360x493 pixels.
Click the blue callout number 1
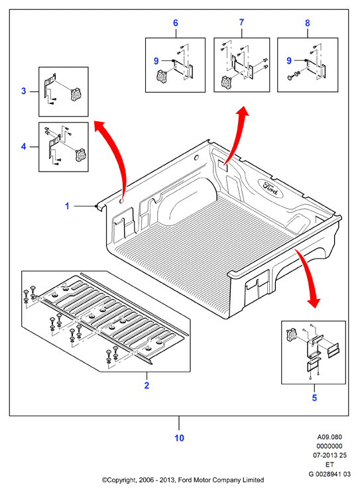[x=67, y=206]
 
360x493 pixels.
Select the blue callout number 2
[x=147, y=386]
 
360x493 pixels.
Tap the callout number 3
[x=24, y=91]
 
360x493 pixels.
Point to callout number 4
[x=24, y=146]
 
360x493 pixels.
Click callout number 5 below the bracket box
[x=314, y=398]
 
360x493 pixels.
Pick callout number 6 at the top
[x=176, y=23]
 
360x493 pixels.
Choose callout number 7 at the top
[x=241, y=23]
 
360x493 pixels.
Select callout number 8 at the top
[x=308, y=23]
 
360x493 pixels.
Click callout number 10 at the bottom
[x=179, y=438]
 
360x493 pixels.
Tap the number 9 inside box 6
[x=156, y=61]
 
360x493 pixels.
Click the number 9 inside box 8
[x=289, y=60]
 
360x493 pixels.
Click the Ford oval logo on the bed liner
[x=270, y=188]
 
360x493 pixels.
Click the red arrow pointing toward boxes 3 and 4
[x=116, y=157]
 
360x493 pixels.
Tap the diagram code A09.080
[x=330, y=437]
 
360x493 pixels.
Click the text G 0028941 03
[x=330, y=474]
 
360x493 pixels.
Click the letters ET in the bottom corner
[x=330, y=465]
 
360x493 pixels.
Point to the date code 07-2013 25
[x=330, y=455]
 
